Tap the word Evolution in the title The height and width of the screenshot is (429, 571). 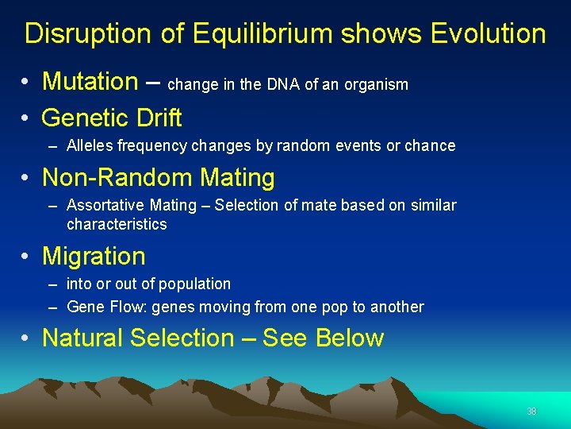tap(488, 34)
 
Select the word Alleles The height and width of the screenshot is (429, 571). tap(89, 146)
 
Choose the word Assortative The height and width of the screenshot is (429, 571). tap(107, 206)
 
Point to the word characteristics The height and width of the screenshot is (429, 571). tap(117, 224)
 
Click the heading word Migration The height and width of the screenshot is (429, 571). tap(94, 257)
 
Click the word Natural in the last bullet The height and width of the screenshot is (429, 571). tap(83, 338)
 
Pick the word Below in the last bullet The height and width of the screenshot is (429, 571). tap(349, 338)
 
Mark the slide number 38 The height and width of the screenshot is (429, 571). tap(531, 412)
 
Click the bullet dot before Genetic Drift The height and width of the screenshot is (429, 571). tap(26, 119)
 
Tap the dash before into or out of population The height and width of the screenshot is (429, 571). tap(52, 284)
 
